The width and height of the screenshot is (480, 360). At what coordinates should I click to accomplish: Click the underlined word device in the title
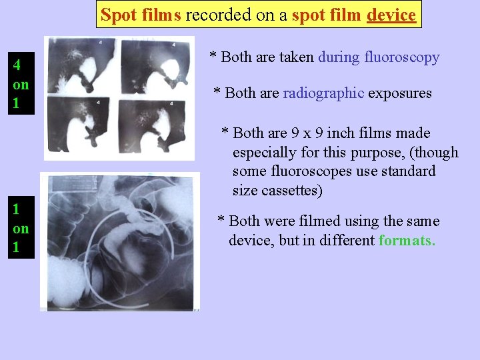pos(391,15)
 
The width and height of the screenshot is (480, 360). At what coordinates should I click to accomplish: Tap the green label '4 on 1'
pos(21,85)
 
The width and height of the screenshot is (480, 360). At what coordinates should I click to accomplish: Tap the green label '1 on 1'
pos(21,228)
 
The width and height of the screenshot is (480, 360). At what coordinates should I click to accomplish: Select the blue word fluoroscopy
pos(402,57)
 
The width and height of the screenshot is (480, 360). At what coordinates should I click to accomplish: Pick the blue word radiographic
pos(323,93)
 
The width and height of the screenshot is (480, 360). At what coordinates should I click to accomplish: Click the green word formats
pos(407,240)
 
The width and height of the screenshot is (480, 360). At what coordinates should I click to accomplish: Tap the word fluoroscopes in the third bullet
pos(306,171)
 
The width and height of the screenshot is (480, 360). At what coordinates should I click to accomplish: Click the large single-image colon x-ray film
pos(120,241)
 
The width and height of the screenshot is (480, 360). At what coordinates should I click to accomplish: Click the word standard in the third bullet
pos(409,171)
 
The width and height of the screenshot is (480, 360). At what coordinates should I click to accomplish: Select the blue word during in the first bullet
pos(339,57)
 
